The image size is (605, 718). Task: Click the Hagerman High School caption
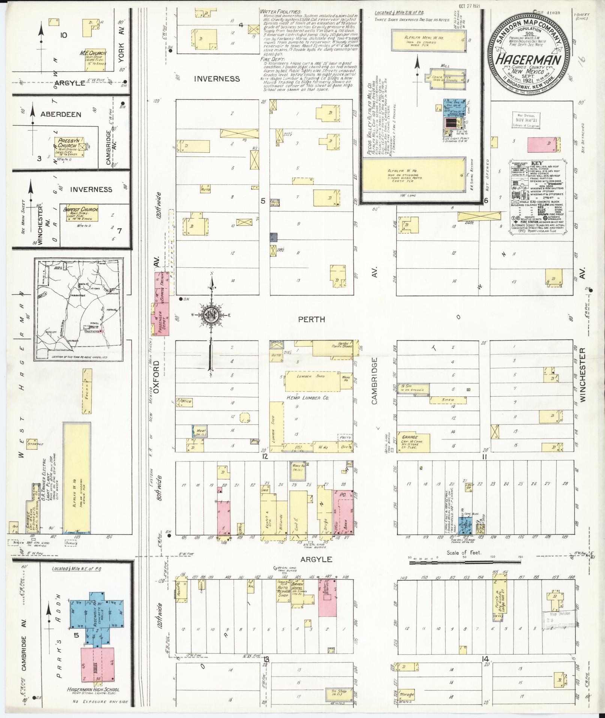click(94, 689)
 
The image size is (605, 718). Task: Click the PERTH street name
click(311, 319)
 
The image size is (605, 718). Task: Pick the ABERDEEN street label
click(61, 114)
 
